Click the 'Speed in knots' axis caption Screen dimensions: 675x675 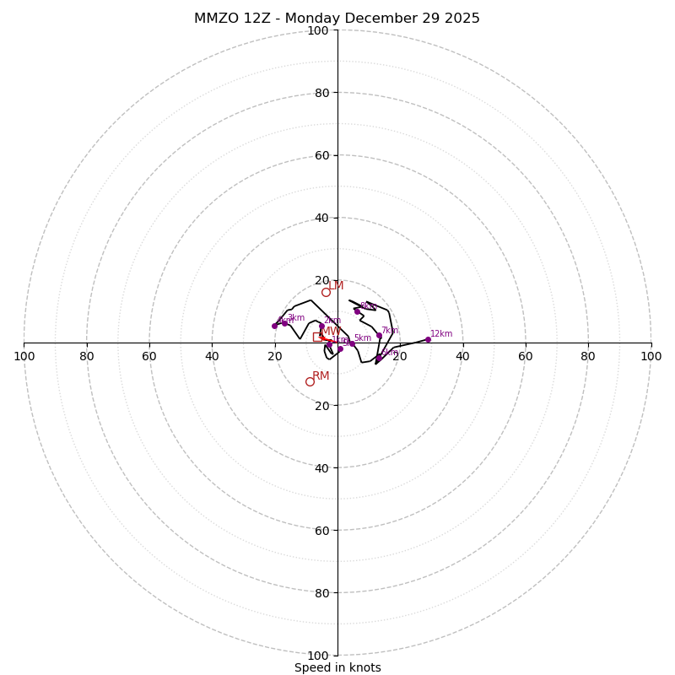pos(337,668)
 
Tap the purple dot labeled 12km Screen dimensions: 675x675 pos(428,339)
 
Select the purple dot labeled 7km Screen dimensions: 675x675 pos(379,336)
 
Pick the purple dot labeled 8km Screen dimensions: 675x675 pos(357,311)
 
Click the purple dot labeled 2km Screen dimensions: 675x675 pos(321,327)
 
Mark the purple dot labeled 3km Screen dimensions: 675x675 pos(284,322)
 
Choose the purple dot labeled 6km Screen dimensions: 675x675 pos(378,359)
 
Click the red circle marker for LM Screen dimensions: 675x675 pos(326,292)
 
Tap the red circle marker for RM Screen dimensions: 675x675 pos(310,381)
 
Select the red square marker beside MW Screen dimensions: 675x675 pos(317,337)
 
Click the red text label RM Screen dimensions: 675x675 pos(321,376)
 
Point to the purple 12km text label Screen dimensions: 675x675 pos(441,334)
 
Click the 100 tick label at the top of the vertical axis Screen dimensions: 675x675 pos(317,30)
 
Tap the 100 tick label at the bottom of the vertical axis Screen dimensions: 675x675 pos(317,656)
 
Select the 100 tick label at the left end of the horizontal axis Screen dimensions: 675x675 pos(24,356)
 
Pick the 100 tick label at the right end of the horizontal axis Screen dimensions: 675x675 pos(651,356)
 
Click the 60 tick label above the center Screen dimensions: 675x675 pos(321,155)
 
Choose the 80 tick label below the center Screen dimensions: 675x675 pos(321,593)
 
